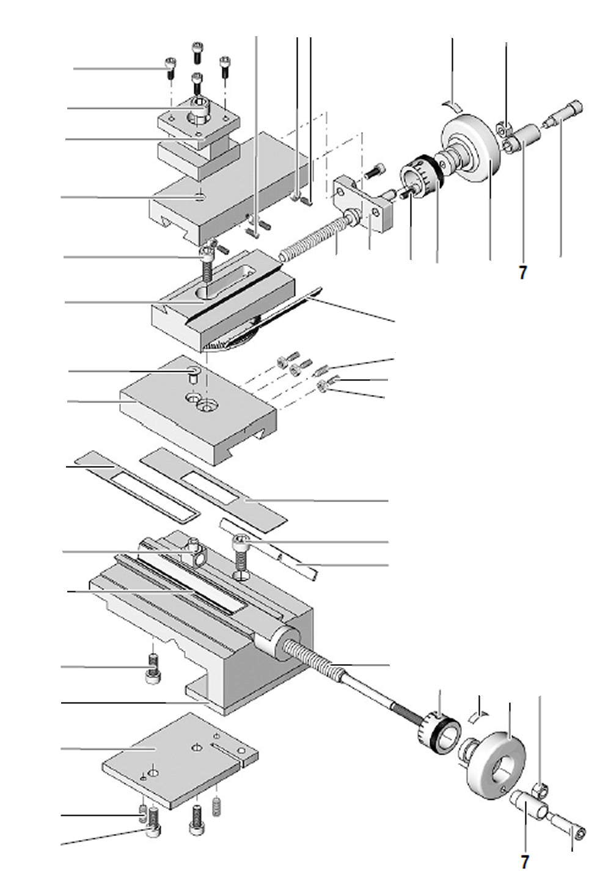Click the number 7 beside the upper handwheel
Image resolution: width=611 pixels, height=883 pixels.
coord(522,273)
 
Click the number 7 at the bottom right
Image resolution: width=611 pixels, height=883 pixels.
coord(524,862)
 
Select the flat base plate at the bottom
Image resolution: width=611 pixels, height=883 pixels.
coord(177,758)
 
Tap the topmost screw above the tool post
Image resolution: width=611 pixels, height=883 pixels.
coord(197,53)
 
